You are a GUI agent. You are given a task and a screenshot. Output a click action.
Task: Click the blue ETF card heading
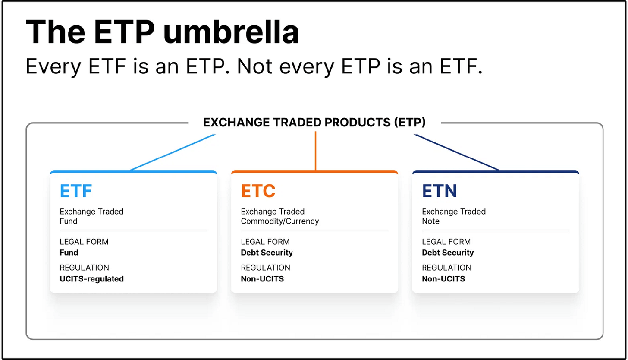(x=76, y=191)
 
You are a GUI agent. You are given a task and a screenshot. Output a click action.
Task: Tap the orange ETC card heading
(x=258, y=191)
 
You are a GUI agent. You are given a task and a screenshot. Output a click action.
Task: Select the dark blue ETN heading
(x=440, y=191)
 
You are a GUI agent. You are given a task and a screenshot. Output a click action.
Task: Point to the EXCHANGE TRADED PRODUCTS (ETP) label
(x=314, y=122)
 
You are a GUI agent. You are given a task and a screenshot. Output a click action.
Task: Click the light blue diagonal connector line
(x=173, y=152)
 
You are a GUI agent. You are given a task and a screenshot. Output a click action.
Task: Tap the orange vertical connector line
(x=315, y=151)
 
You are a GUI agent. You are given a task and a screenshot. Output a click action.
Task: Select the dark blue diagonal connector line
(x=456, y=152)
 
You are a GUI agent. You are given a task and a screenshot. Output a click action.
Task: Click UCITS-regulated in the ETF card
(x=92, y=278)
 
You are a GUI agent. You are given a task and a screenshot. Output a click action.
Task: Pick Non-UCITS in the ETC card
(x=262, y=278)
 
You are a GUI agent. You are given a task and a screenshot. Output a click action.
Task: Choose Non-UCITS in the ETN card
(x=443, y=278)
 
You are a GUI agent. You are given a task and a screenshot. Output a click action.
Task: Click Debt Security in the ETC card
(x=267, y=253)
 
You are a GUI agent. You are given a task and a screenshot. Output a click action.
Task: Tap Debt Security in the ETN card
(x=448, y=253)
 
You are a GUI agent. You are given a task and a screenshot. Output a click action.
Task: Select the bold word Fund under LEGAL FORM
(x=69, y=253)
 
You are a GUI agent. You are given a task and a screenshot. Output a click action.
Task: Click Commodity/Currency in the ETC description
(x=280, y=221)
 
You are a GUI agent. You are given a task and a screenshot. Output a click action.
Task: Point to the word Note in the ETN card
(x=430, y=221)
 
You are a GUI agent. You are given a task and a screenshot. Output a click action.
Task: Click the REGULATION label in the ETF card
(x=85, y=268)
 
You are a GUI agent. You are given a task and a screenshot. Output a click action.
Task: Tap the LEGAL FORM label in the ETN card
(x=446, y=242)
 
